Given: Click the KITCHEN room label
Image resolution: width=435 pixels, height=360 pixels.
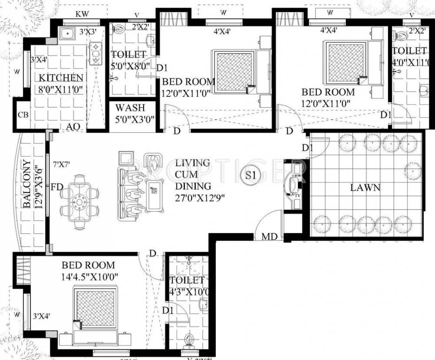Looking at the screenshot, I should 61,77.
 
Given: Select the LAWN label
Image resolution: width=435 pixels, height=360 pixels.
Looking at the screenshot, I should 365,187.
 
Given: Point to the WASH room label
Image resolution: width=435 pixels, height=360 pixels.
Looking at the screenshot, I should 130,108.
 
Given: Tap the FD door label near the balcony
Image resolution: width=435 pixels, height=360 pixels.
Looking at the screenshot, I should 57,187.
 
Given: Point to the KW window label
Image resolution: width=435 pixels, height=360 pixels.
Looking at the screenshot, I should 82,15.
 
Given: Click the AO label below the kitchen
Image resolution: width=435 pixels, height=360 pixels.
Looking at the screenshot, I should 72,127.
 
